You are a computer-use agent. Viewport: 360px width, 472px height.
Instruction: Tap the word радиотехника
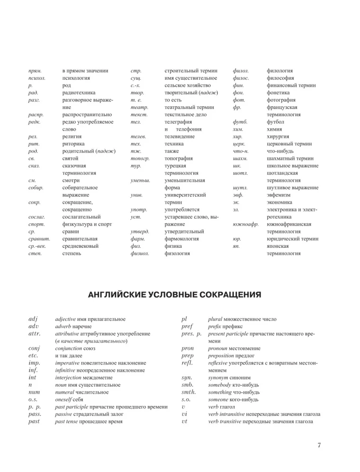79,93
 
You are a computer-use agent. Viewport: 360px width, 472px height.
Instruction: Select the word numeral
66,393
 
